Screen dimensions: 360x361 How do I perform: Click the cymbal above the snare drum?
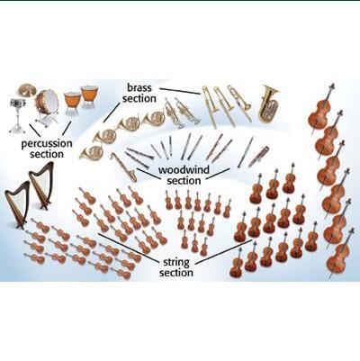26,89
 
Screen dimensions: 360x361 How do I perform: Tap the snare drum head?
18,101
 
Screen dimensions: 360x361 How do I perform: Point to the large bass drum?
47,102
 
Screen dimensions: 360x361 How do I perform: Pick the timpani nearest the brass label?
89,94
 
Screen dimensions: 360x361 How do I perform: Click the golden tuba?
268,103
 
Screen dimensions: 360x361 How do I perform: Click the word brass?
139,88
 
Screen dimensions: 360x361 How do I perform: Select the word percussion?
47,144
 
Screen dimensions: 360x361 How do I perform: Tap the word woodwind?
184,170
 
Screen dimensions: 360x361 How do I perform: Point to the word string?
176,263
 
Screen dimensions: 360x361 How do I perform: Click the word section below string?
176,273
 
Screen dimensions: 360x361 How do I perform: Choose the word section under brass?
139,98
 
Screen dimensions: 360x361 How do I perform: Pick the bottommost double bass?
340,253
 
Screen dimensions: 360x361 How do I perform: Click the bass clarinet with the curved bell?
124,167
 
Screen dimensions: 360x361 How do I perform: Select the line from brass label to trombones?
180,91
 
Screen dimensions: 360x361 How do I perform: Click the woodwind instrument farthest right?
258,156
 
